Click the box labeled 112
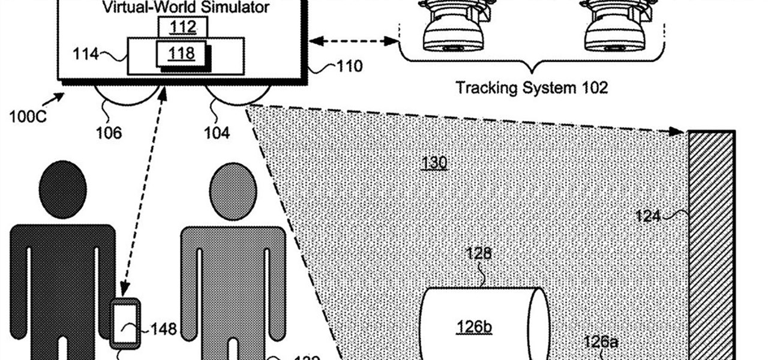pyautogui.click(x=183, y=26)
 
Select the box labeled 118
pyautogui.click(x=182, y=53)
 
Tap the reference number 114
pyautogui.click(x=86, y=55)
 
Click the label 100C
pyautogui.click(x=27, y=116)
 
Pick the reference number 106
pyautogui.click(x=109, y=132)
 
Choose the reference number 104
pyautogui.click(x=217, y=132)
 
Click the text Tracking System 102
pyautogui.click(x=532, y=88)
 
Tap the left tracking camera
pyautogui.click(x=454, y=27)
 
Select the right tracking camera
pyautogui.click(x=615, y=27)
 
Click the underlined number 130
pyautogui.click(x=434, y=162)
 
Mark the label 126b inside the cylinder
pyautogui.click(x=473, y=326)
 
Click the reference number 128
pyautogui.click(x=479, y=253)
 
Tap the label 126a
pyautogui.click(x=601, y=341)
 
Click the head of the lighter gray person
pyautogui.click(x=231, y=188)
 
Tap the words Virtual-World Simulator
pyautogui.click(x=186, y=7)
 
